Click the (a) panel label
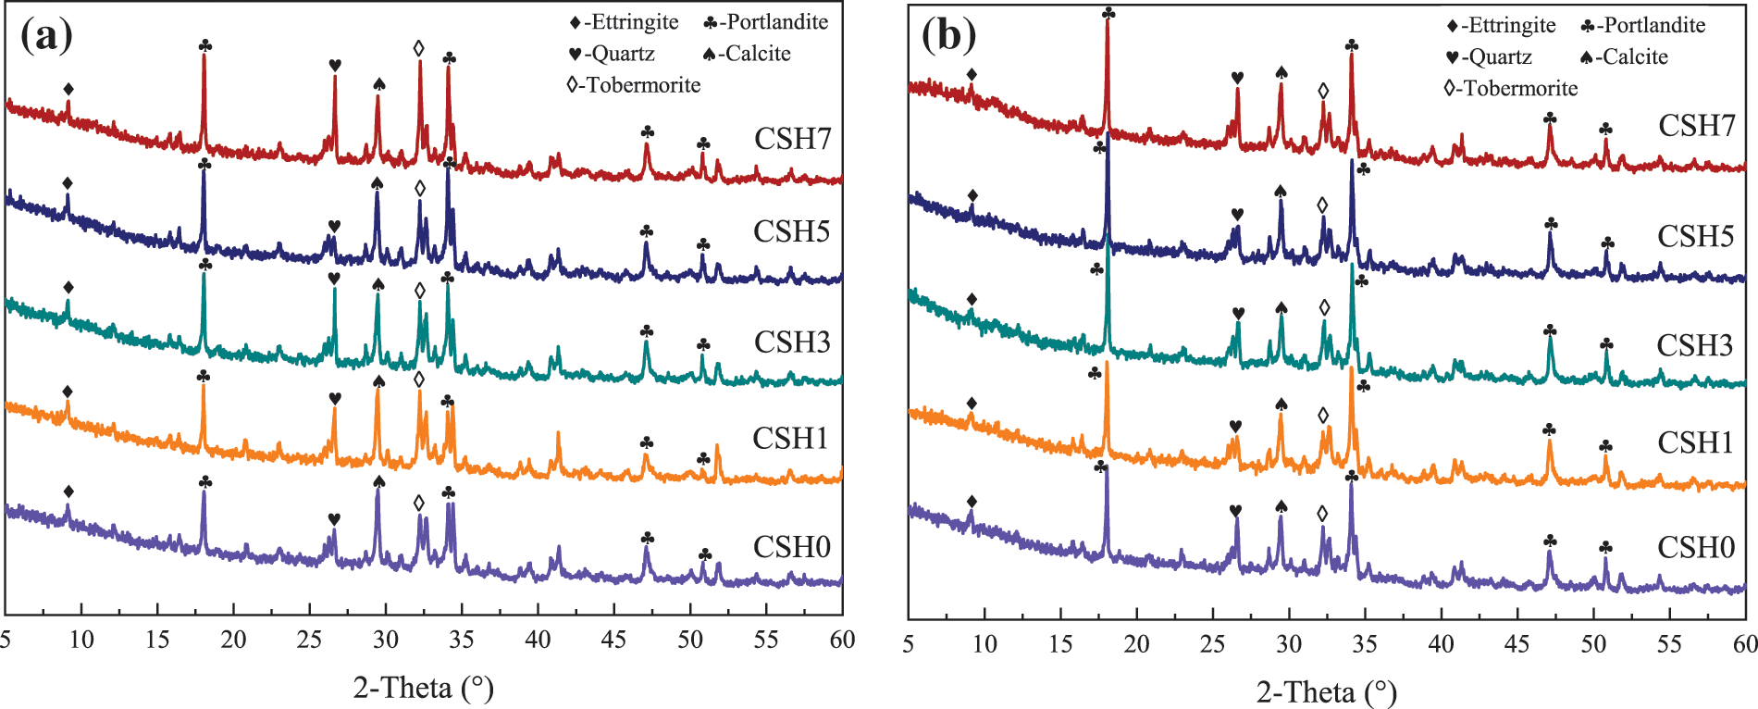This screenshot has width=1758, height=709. [46, 35]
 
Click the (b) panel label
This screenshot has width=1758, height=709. [948, 35]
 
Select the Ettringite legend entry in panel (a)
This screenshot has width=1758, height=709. [625, 22]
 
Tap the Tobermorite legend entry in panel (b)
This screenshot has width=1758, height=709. [1511, 89]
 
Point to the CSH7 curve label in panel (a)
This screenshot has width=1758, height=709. [792, 139]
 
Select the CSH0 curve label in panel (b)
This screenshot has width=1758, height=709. [1695, 548]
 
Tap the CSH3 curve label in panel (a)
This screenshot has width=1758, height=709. [792, 342]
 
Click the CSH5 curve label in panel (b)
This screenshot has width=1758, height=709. [1695, 237]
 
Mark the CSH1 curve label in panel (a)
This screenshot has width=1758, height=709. [790, 438]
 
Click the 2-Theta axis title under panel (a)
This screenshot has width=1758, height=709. [423, 688]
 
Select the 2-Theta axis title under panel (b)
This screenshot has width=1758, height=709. [1326, 691]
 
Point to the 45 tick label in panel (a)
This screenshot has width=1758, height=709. [613, 640]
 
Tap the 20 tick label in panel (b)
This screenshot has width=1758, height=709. [1136, 644]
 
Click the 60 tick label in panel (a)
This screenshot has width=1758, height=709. [842, 640]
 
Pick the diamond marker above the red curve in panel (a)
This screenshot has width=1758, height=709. [68, 89]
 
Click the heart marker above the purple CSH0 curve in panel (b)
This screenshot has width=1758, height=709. [1235, 511]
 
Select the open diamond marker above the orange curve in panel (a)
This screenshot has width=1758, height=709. [419, 379]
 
